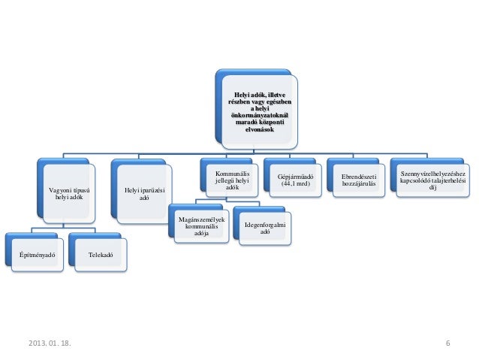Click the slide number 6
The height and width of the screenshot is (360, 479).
pyautogui.click(x=447, y=343)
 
